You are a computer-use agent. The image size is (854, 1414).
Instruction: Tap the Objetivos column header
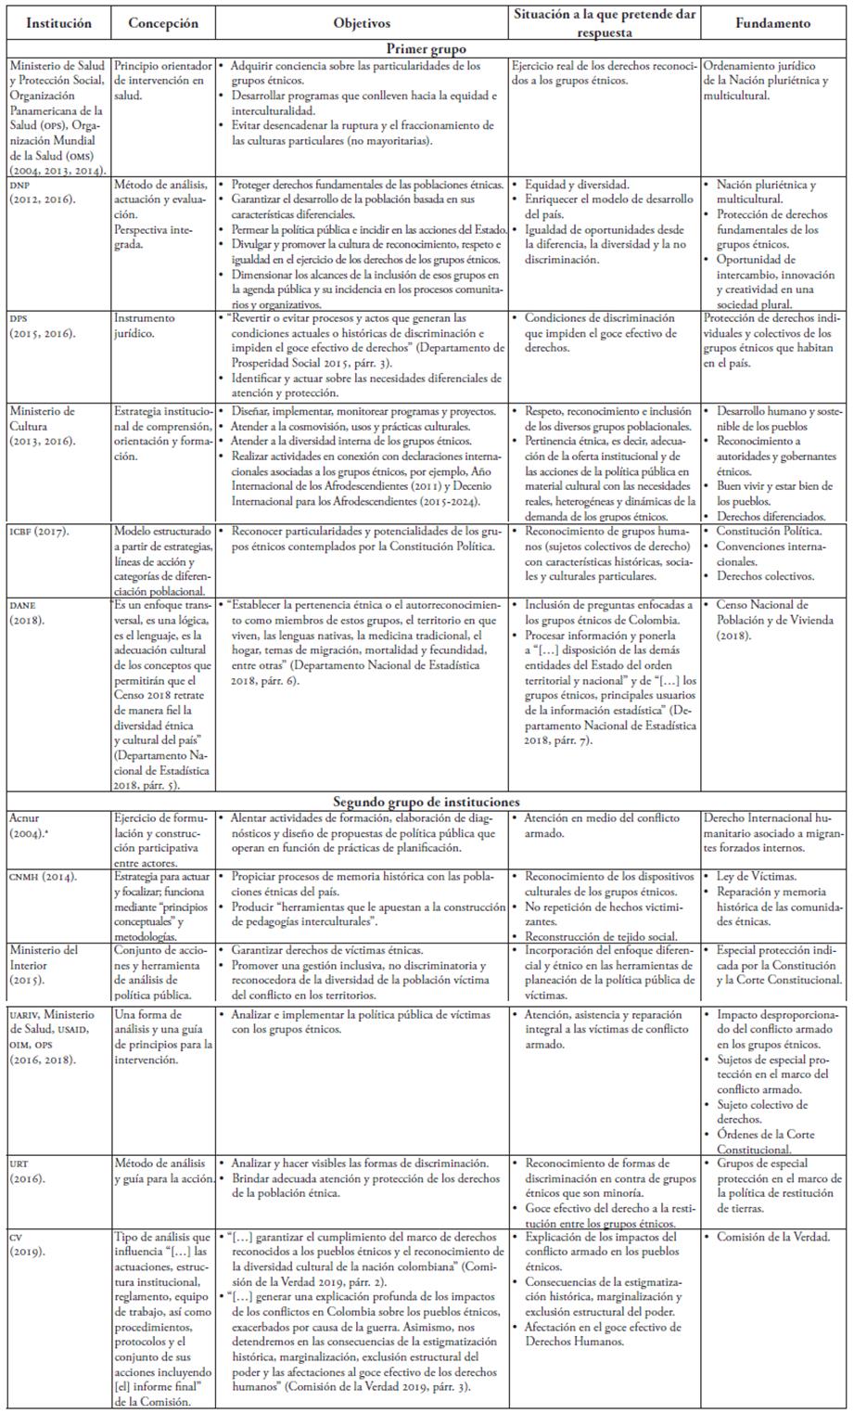(x=361, y=23)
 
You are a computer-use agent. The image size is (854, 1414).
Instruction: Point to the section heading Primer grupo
(x=427, y=48)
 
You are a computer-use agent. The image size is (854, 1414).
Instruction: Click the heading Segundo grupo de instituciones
(x=427, y=801)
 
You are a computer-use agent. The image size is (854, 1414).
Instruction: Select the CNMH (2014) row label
(x=43, y=876)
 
